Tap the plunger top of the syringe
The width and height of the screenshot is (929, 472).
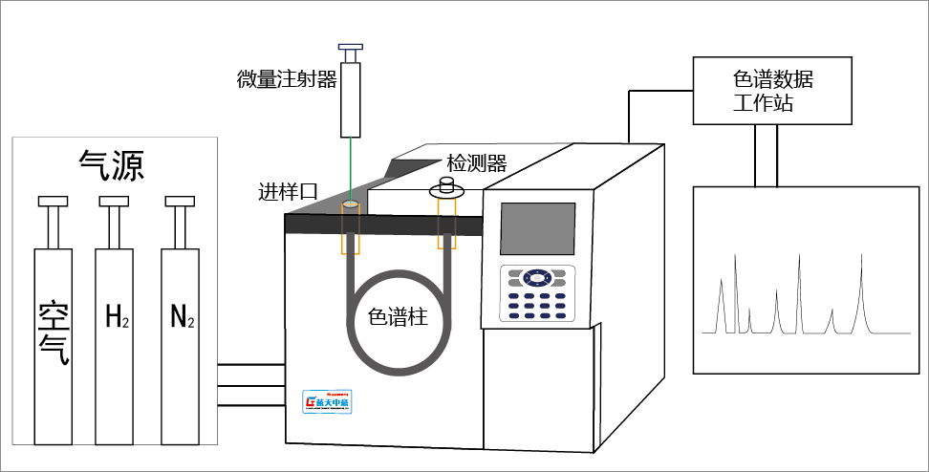[352, 46]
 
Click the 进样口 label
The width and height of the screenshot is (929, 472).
[288, 191]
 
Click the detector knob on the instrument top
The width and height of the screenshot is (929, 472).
[446, 185]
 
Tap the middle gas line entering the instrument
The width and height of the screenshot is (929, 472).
[251, 384]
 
